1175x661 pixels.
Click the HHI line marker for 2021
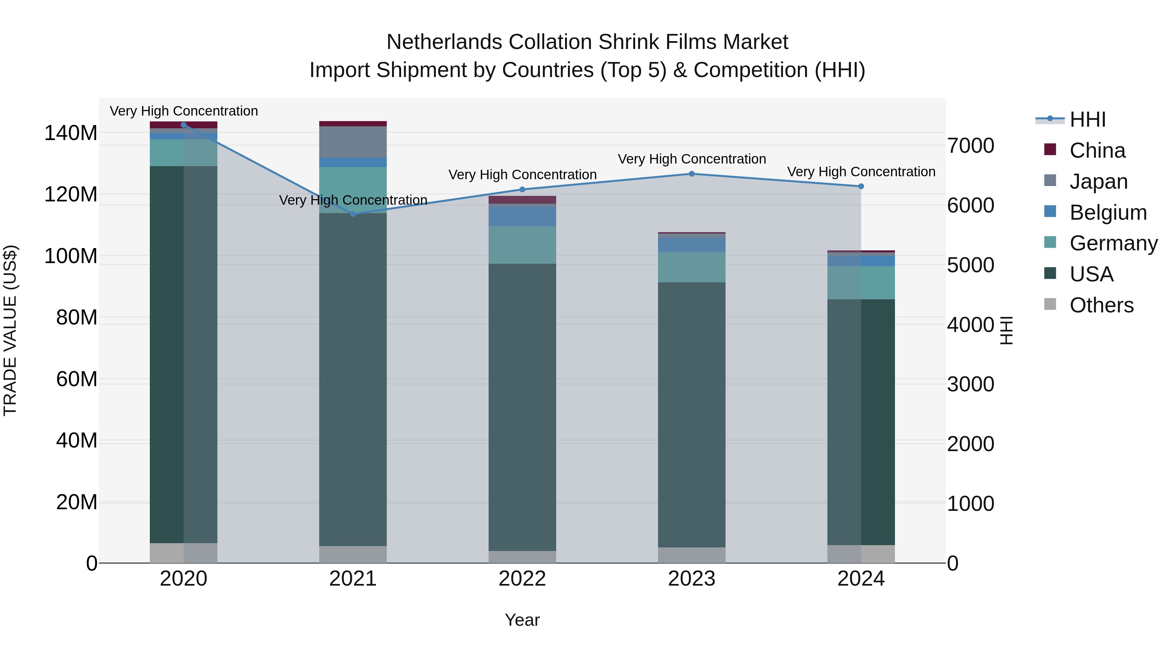(352, 214)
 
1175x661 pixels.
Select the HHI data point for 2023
(692, 174)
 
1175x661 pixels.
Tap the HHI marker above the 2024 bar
(861, 186)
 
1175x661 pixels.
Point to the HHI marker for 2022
(522, 189)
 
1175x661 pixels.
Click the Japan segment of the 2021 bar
(352, 142)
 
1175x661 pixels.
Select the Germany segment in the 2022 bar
(522, 245)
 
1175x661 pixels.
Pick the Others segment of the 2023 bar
(692, 555)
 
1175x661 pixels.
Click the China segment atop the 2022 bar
(522, 199)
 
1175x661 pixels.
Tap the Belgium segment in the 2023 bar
(692, 245)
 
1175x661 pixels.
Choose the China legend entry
(1097, 150)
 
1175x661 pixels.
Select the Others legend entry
(1101, 305)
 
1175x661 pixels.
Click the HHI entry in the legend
(1088, 119)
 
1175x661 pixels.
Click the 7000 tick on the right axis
(971, 146)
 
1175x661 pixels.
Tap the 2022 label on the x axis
(522, 579)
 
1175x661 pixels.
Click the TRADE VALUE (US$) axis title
(10, 330)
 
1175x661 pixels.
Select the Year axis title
(522, 620)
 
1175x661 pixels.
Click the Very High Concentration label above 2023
(692, 159)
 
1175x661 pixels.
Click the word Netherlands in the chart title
(444, 42)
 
